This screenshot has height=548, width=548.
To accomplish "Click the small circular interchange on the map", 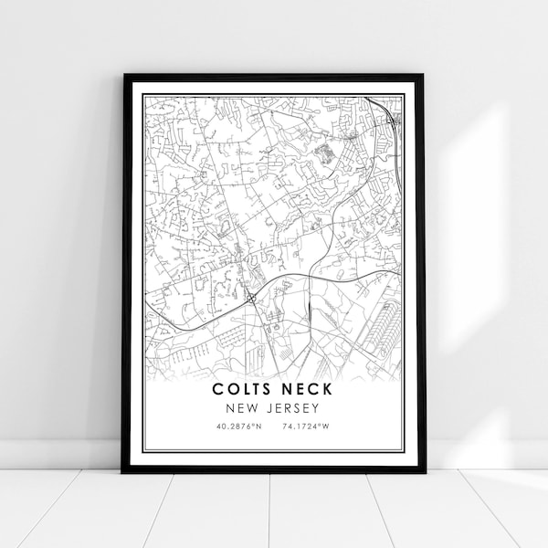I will [x=248, y=296].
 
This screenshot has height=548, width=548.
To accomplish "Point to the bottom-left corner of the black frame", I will [x=123, y=471].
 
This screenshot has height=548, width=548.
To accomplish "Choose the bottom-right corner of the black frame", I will [x=426, y=471].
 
